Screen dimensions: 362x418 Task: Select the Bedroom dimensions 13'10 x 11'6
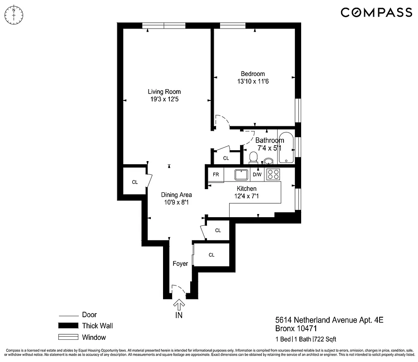(253, 82)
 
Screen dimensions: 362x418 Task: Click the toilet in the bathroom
(254, 157)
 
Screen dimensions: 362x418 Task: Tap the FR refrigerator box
(216, 175)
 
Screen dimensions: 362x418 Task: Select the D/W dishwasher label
(257, 175)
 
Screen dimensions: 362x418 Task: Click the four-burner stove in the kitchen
(273, 174)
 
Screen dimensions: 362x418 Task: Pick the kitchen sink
(241, 174)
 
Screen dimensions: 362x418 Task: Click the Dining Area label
(176, 195)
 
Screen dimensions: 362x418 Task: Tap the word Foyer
(180, 264)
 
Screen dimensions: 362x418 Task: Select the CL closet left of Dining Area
(135, 182)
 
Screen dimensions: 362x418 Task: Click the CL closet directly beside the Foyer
(211, 255)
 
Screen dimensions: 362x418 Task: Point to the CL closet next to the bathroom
(226, 158)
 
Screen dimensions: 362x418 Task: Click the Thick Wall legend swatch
(68, 326)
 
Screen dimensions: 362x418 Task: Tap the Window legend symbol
(68, 337)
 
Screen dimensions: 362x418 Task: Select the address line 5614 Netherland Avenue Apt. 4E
(329, 320)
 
